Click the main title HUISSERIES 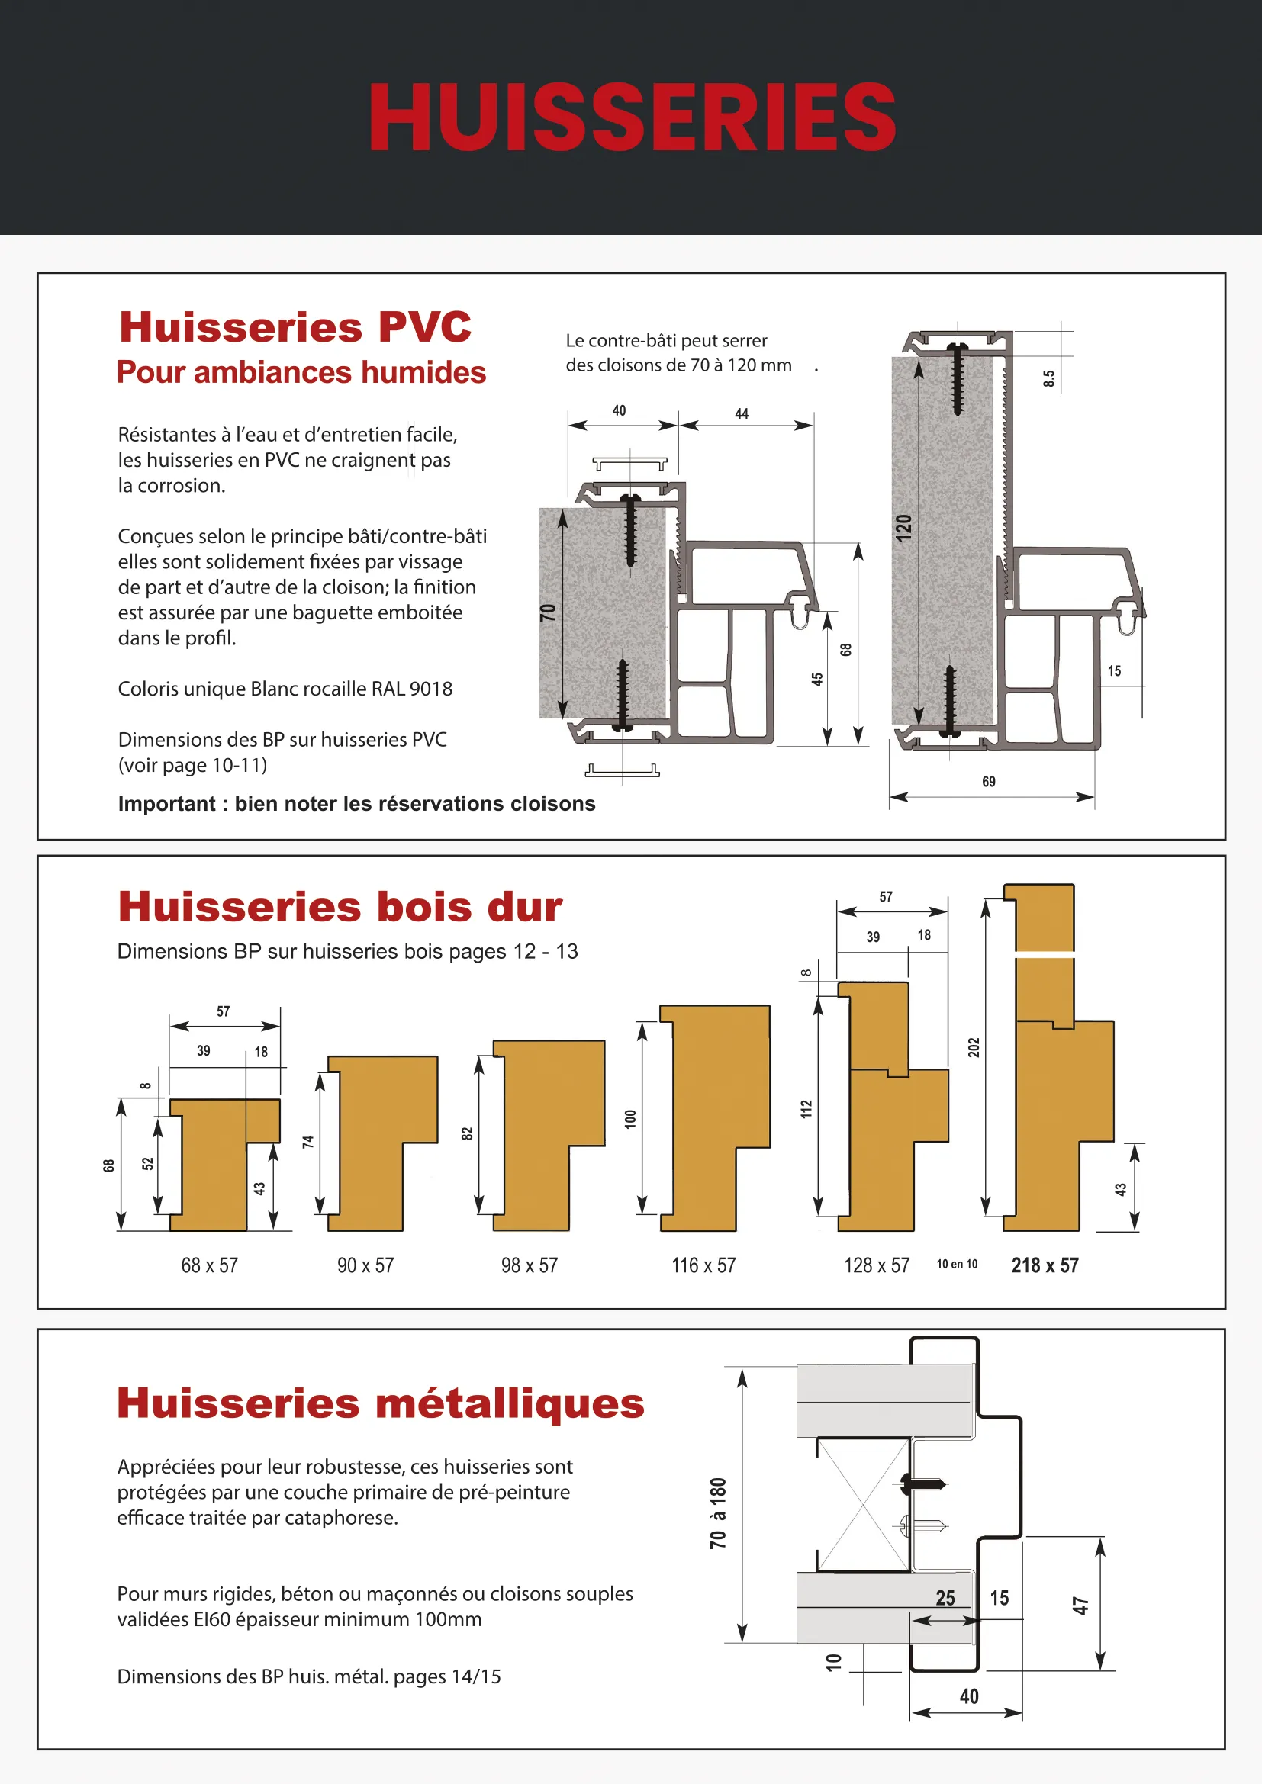(632, 118)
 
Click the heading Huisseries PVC (295, 326)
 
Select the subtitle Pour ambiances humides (301, 373)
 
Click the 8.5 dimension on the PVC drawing (1048, 378)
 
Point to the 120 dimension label (903, 529)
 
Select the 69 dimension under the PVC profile (988, 782)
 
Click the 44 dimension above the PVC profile (742, 414)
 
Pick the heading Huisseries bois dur (340, 907)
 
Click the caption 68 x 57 (209, 1266)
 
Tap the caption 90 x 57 (365, 1266)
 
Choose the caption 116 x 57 (703, 1266)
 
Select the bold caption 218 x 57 (1045, 1266)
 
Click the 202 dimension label (974, 1047)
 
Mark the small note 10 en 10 (957, 1264)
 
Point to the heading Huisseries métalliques (381, 1403)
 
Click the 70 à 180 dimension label (718, 1512)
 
